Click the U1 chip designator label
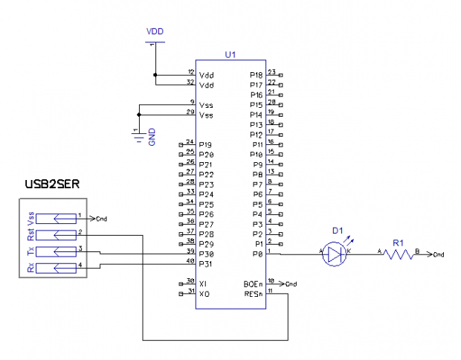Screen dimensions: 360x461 point(230,55)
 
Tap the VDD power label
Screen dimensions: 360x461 point(155,31)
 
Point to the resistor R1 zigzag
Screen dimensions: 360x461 point(399,254)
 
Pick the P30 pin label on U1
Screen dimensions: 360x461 point(206,254)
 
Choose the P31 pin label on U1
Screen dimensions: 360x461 point(206,264)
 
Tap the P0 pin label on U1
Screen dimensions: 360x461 point(259,254)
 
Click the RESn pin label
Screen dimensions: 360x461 point(254,294)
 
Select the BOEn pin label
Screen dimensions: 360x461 point(254,284)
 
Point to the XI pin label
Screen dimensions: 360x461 point(204,284)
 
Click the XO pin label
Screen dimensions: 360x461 point(204,294)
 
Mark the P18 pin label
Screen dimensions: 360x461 point(257,75)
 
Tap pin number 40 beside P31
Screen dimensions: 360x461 point(190,261)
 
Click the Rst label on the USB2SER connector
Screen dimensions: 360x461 point(30,235)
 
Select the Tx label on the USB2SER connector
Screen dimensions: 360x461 point(30,251)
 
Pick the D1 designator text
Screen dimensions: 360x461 point(338,231)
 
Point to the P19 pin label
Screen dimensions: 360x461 point(206,144)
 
